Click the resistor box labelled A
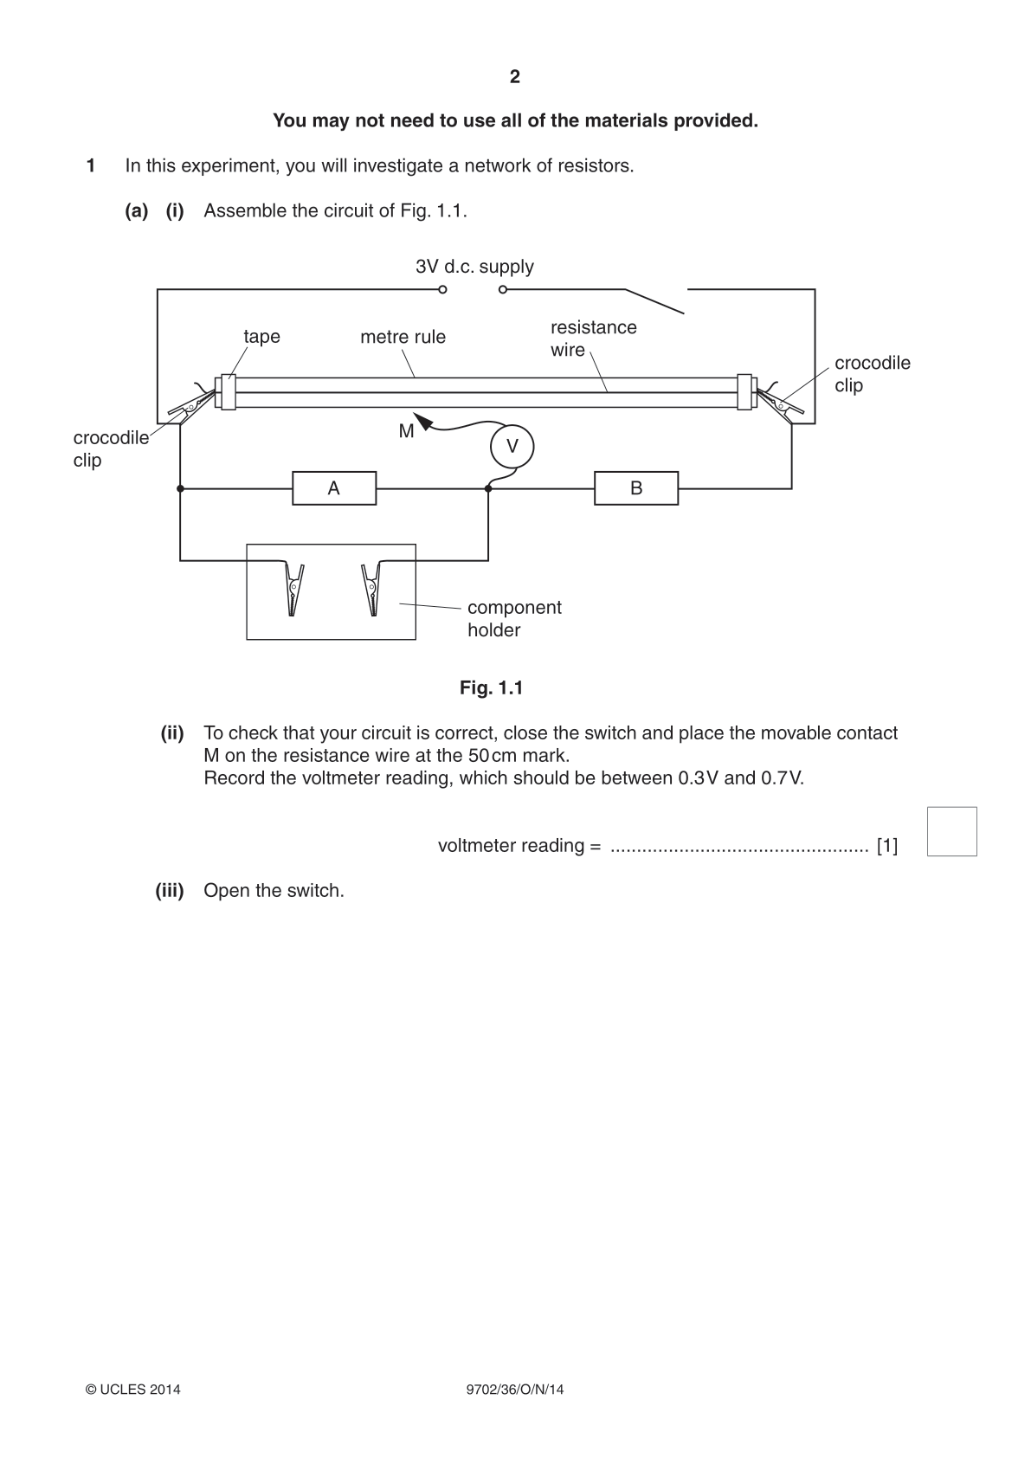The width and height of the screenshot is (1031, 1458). tap(334, 488)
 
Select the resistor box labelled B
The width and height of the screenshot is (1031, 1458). tap(636, 488)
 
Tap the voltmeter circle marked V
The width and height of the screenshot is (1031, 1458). tap(512, 447)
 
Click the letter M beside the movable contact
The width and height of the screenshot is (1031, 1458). tap(406, 431)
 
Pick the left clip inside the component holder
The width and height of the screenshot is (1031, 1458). tap(293, 589)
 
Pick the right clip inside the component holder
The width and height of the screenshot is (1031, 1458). tap(371, 589)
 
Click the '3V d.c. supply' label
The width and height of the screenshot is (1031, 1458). tap(474, 267)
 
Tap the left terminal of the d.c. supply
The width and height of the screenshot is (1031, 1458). tap(442, 290)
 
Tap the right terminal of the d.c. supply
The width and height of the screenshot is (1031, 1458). tap(502, 290)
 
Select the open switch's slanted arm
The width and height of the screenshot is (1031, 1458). tap(654, 301)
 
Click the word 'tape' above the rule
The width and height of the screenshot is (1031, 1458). tap(261, 337)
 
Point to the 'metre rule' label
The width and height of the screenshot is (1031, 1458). tap(403, 337)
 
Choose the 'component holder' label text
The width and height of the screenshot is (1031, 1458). tap(514, 618)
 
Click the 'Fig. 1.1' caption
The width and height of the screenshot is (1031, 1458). tap(492, 688)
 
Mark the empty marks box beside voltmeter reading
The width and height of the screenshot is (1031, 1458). tap(952, 831)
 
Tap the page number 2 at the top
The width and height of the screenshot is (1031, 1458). tap(515, 77)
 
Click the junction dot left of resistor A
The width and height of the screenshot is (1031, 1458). tap(180, 488)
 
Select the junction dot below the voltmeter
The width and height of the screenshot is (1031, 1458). tap(488, 488)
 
